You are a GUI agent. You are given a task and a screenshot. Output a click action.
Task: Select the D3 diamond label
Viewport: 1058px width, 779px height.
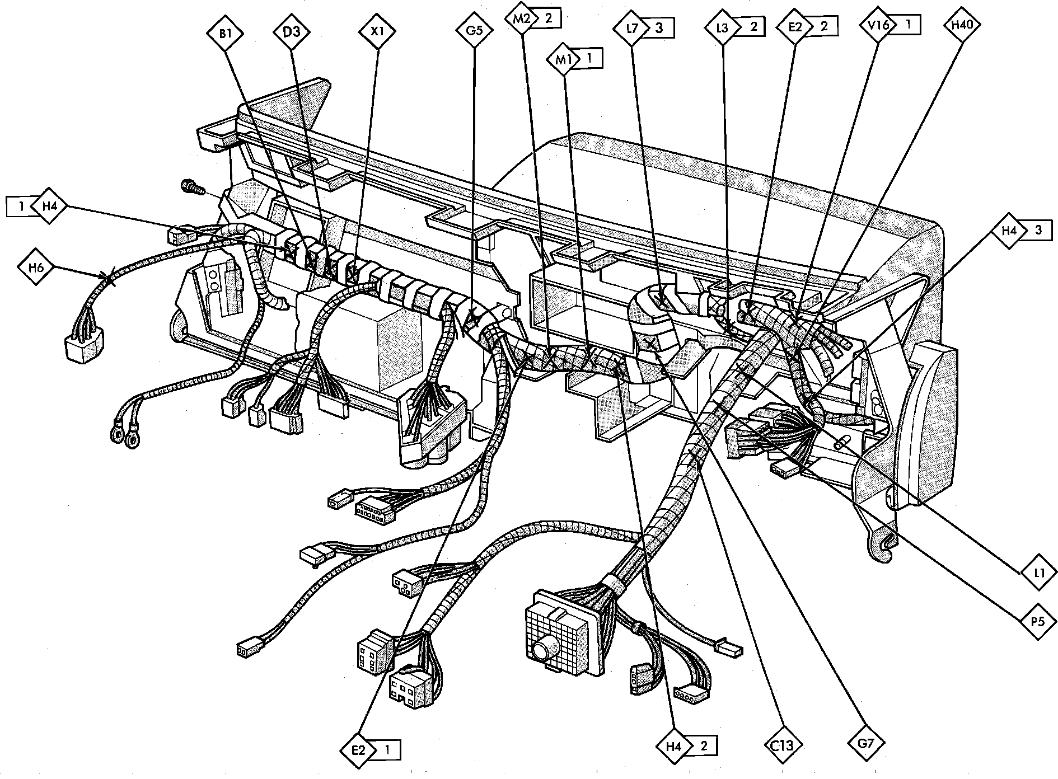[x=292, y=31]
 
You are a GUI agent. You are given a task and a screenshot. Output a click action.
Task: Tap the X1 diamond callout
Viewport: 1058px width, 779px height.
[x=378, y=31]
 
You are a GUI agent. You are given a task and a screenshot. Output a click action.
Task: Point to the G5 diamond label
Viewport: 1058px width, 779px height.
[x=474, y=30]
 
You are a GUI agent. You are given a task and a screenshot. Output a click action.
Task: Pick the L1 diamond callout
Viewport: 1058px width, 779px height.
[x=1040, y=573]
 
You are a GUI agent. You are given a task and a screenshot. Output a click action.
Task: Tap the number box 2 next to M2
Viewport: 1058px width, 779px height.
[x=548, y=18]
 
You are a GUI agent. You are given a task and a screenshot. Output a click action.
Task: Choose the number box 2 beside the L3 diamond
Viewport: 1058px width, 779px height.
[x=753, y=26]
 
